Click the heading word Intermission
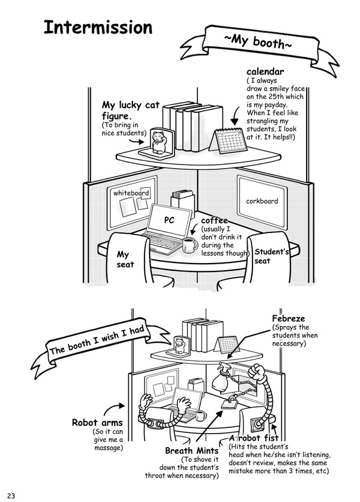98,28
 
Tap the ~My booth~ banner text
258,43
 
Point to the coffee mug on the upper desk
190,244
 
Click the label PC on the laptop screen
169,220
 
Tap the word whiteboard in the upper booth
131,193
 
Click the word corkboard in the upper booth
262,201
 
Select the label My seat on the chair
125,259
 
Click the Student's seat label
271,256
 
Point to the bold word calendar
265,73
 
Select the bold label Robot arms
97,423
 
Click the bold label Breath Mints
190,450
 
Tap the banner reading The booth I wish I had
93,340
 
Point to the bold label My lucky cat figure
131,110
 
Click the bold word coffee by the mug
214,221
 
